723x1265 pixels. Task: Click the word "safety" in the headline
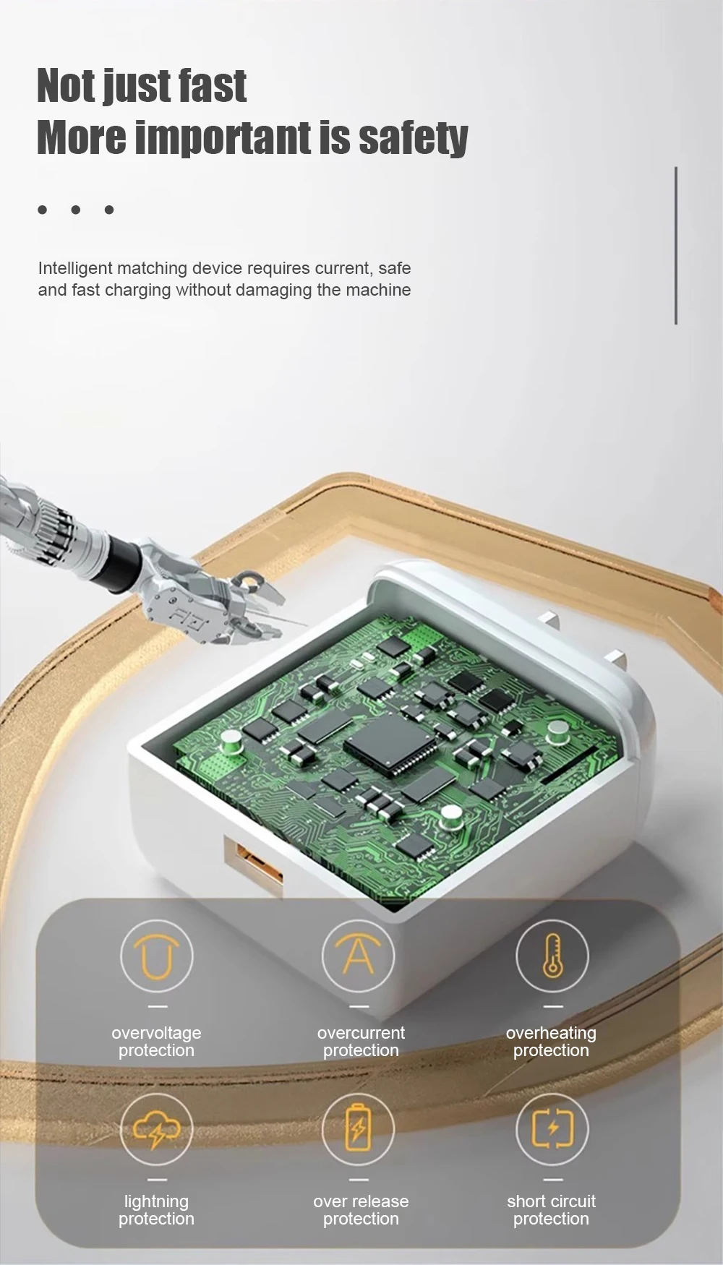pos(414,138)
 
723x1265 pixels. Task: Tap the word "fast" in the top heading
pos(213,86)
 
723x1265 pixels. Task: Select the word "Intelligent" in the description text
pos(75,268)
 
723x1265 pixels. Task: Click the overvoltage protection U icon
pos(157,956)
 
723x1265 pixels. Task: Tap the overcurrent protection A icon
pos(359,956)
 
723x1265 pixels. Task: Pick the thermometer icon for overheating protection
pos(552,956)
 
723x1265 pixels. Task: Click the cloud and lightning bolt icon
pos(157,1129)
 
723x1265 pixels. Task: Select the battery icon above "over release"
pos(359,1129)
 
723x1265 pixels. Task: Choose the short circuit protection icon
pos(552,1129)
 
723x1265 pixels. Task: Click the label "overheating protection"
pos(551,1042)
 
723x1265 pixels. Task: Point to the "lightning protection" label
pos(156,1210)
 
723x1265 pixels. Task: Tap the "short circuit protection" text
pos(552,1210)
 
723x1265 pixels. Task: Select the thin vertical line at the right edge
pos(676,246)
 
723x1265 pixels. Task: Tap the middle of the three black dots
pos(76,210)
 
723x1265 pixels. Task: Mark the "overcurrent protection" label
pos(361,1042)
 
